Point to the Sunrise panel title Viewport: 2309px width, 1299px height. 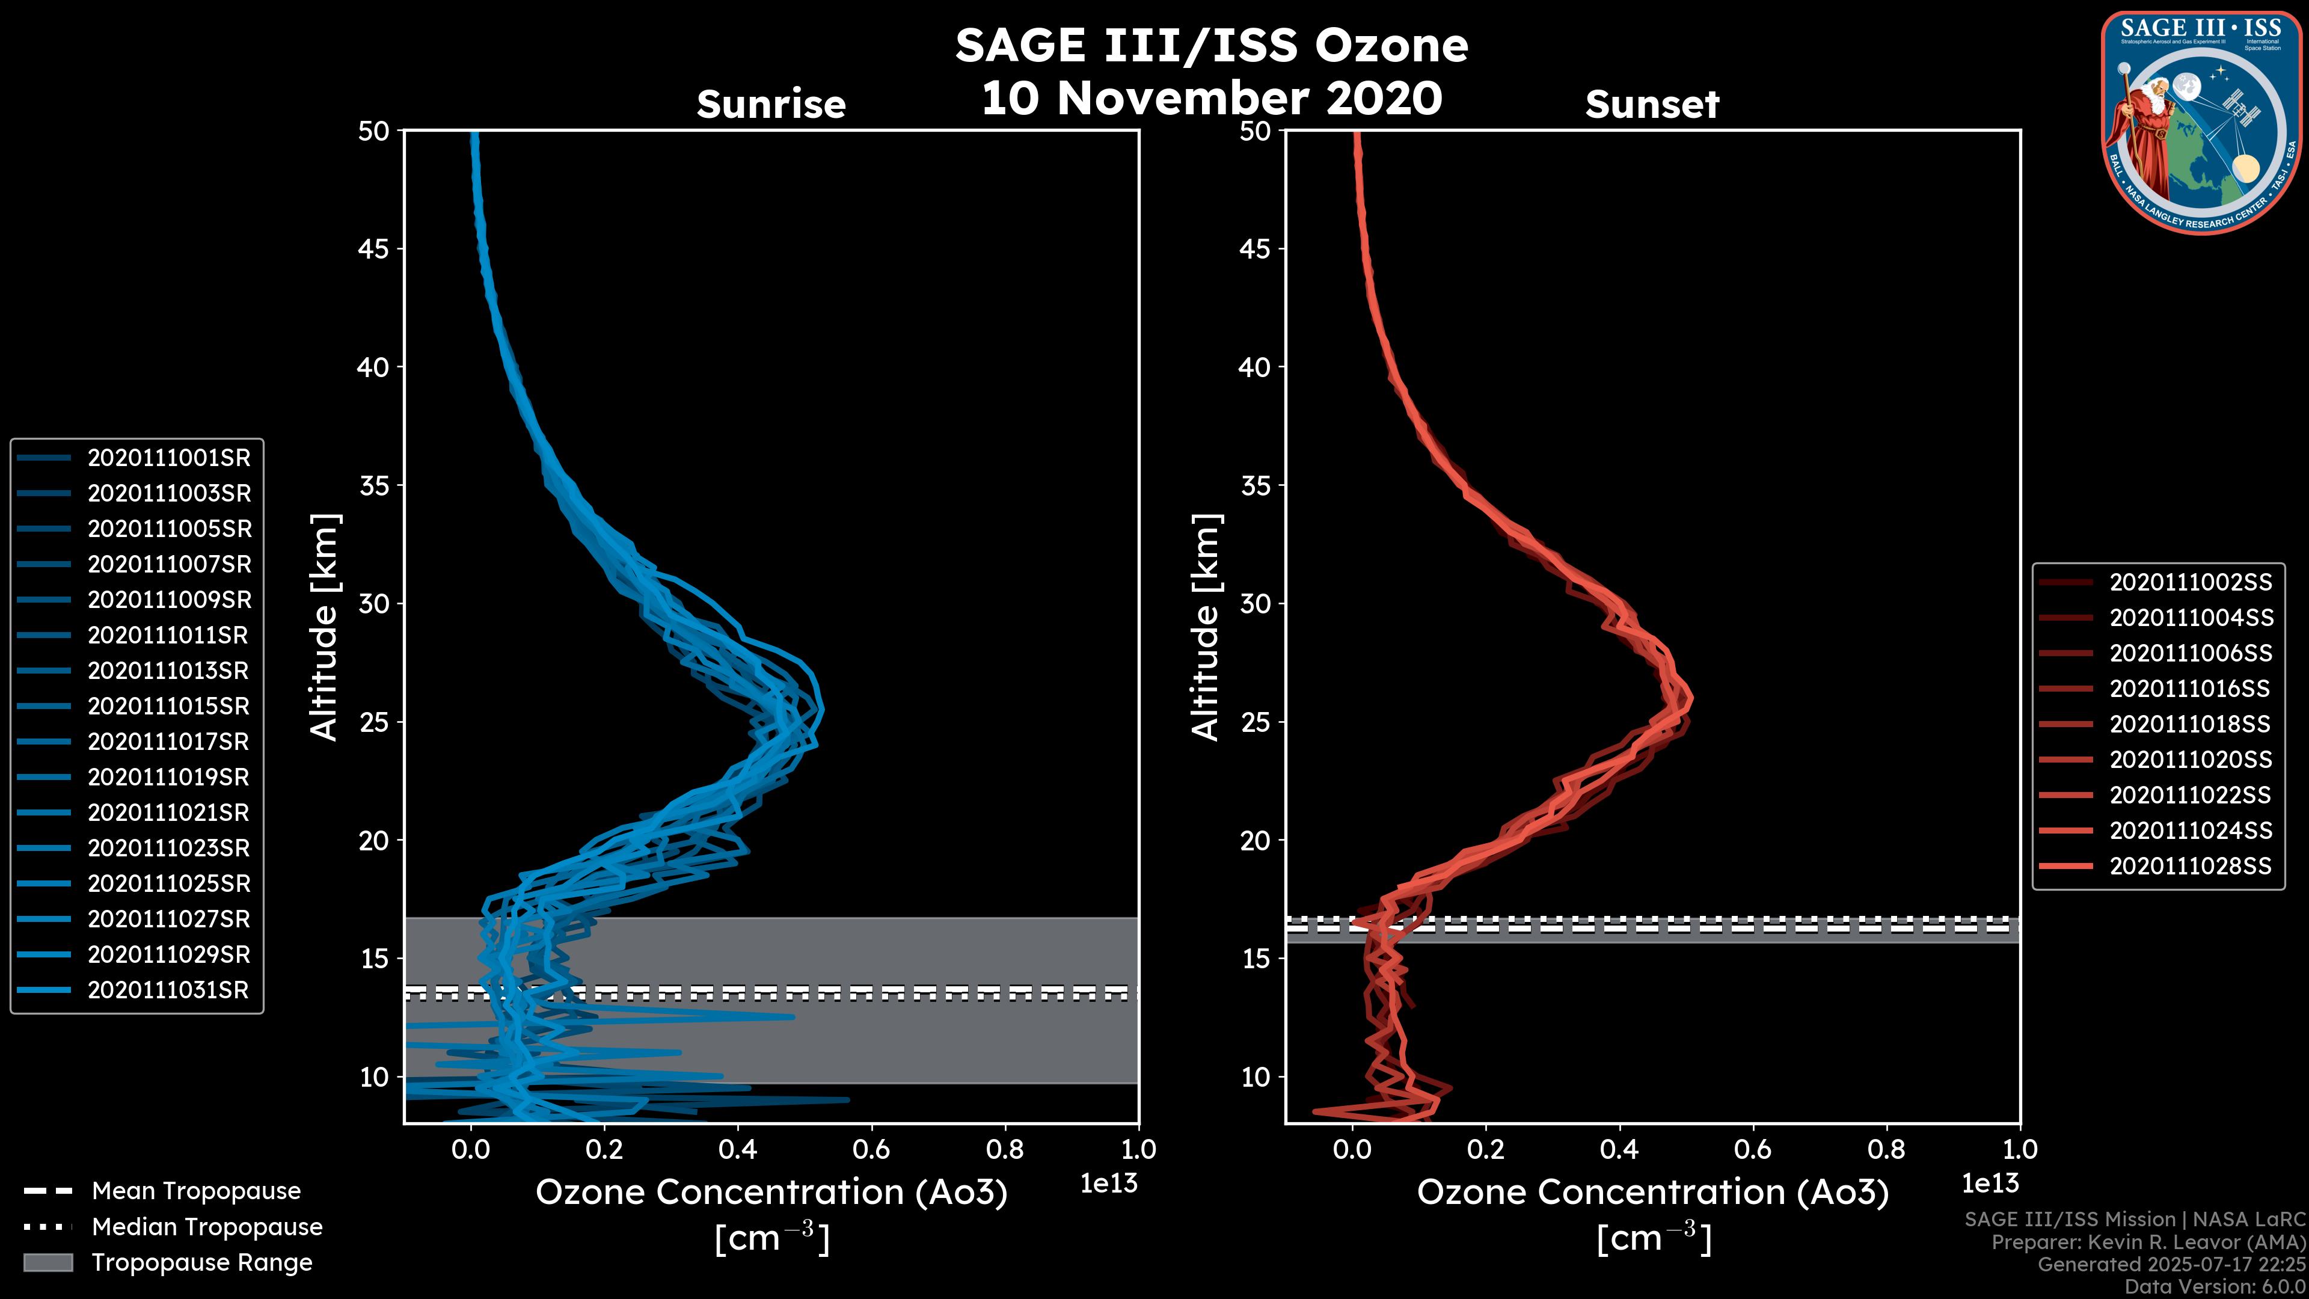click(771, 105)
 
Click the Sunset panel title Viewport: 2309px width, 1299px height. click(1652, 105)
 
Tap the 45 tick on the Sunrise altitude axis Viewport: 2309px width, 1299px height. click(374, 249)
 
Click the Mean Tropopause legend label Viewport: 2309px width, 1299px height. click(196, 1191)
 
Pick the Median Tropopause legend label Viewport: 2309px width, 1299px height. click(207, 1227)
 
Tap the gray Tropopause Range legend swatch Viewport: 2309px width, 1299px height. click(48, 1263)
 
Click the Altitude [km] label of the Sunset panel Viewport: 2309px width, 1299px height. click(1206, 627)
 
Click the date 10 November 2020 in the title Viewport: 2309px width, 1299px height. click(1211, 99)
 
